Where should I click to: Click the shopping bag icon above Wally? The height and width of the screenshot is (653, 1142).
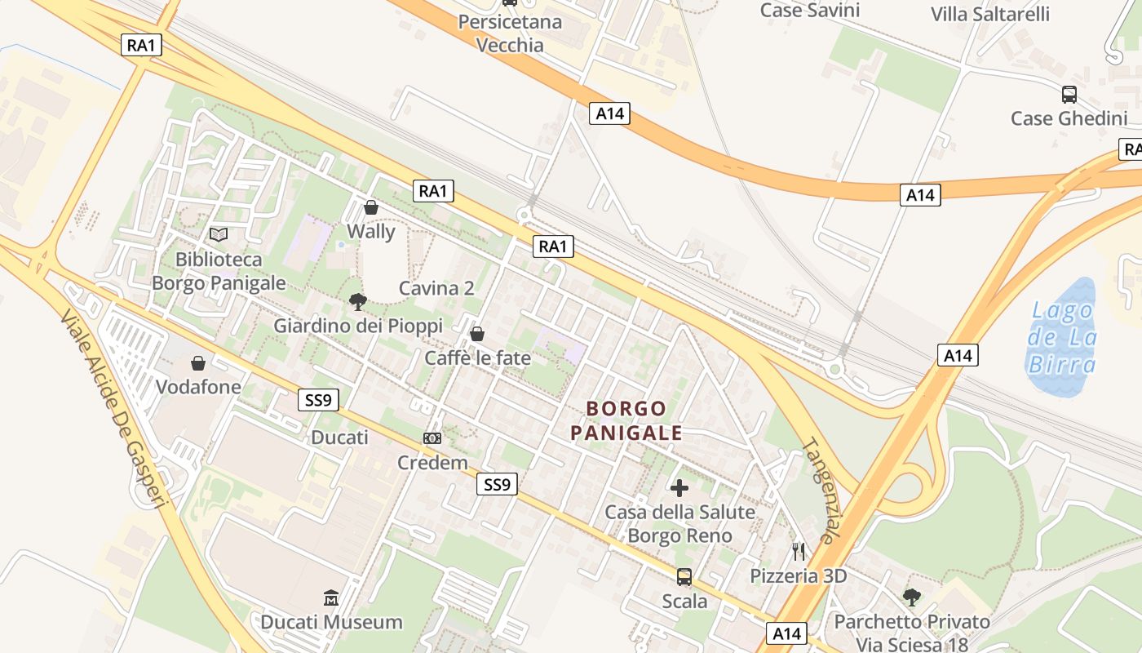(x=371, y=207)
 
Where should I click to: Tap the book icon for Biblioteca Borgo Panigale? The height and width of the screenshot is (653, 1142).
(x=219, y=235)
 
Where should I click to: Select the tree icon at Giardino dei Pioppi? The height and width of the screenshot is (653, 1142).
(x=357, y=302)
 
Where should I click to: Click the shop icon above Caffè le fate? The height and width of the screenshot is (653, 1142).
(x=477, y=334)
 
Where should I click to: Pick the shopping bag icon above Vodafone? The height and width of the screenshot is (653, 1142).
(x=197, y=362)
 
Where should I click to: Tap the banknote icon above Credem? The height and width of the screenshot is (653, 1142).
(x=432, y=438)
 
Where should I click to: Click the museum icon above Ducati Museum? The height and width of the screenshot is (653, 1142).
(x=331, y=598)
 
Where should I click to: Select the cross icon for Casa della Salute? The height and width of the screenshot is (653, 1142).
(x=679, y=488)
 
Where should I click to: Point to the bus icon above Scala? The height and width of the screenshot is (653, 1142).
(x=684, y=577)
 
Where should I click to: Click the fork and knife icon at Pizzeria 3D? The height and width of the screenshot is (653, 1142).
(x=799, y=552)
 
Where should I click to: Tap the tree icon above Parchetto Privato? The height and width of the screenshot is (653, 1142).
(x=912, y=597)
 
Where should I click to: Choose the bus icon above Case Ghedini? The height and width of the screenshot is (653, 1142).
(x=1069, y=94)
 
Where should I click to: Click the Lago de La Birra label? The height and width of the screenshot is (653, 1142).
(x=1062, y=336)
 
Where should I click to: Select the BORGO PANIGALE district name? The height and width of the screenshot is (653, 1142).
(x=626, y=420)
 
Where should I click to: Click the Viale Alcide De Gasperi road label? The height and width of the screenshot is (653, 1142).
(x=113, y=408)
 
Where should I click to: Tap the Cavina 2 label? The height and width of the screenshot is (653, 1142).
(x=436, y=288)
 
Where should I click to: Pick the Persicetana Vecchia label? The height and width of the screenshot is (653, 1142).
(x=510, y=33)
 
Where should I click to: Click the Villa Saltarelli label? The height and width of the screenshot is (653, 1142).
(x=990, y=14)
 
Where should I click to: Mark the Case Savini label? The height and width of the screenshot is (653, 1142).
(x=809, y=10)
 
